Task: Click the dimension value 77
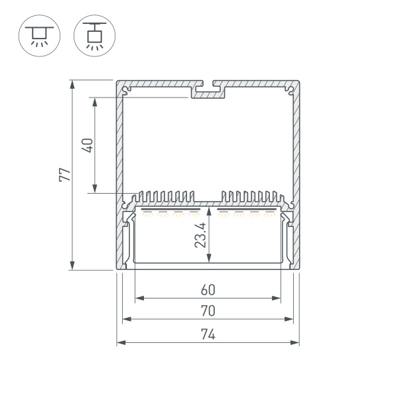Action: (65, 174)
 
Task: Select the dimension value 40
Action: (88, 145)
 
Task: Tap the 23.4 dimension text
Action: (200, 235)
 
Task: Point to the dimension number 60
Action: (208, 290)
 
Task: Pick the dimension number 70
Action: (208, 310)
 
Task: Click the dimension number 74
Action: (208, 334)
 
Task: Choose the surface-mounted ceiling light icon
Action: (39, 36)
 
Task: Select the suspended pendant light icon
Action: (94, 36)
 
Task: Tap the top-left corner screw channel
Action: (126, 91)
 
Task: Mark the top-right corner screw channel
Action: (290, 91)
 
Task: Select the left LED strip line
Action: (170, 210)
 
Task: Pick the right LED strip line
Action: (247, 210)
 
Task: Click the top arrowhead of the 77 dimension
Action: (72, 84)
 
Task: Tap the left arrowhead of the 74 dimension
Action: (121, 343)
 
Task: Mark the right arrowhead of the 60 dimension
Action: (276, 298)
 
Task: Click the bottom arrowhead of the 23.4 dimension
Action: (209, 257)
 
